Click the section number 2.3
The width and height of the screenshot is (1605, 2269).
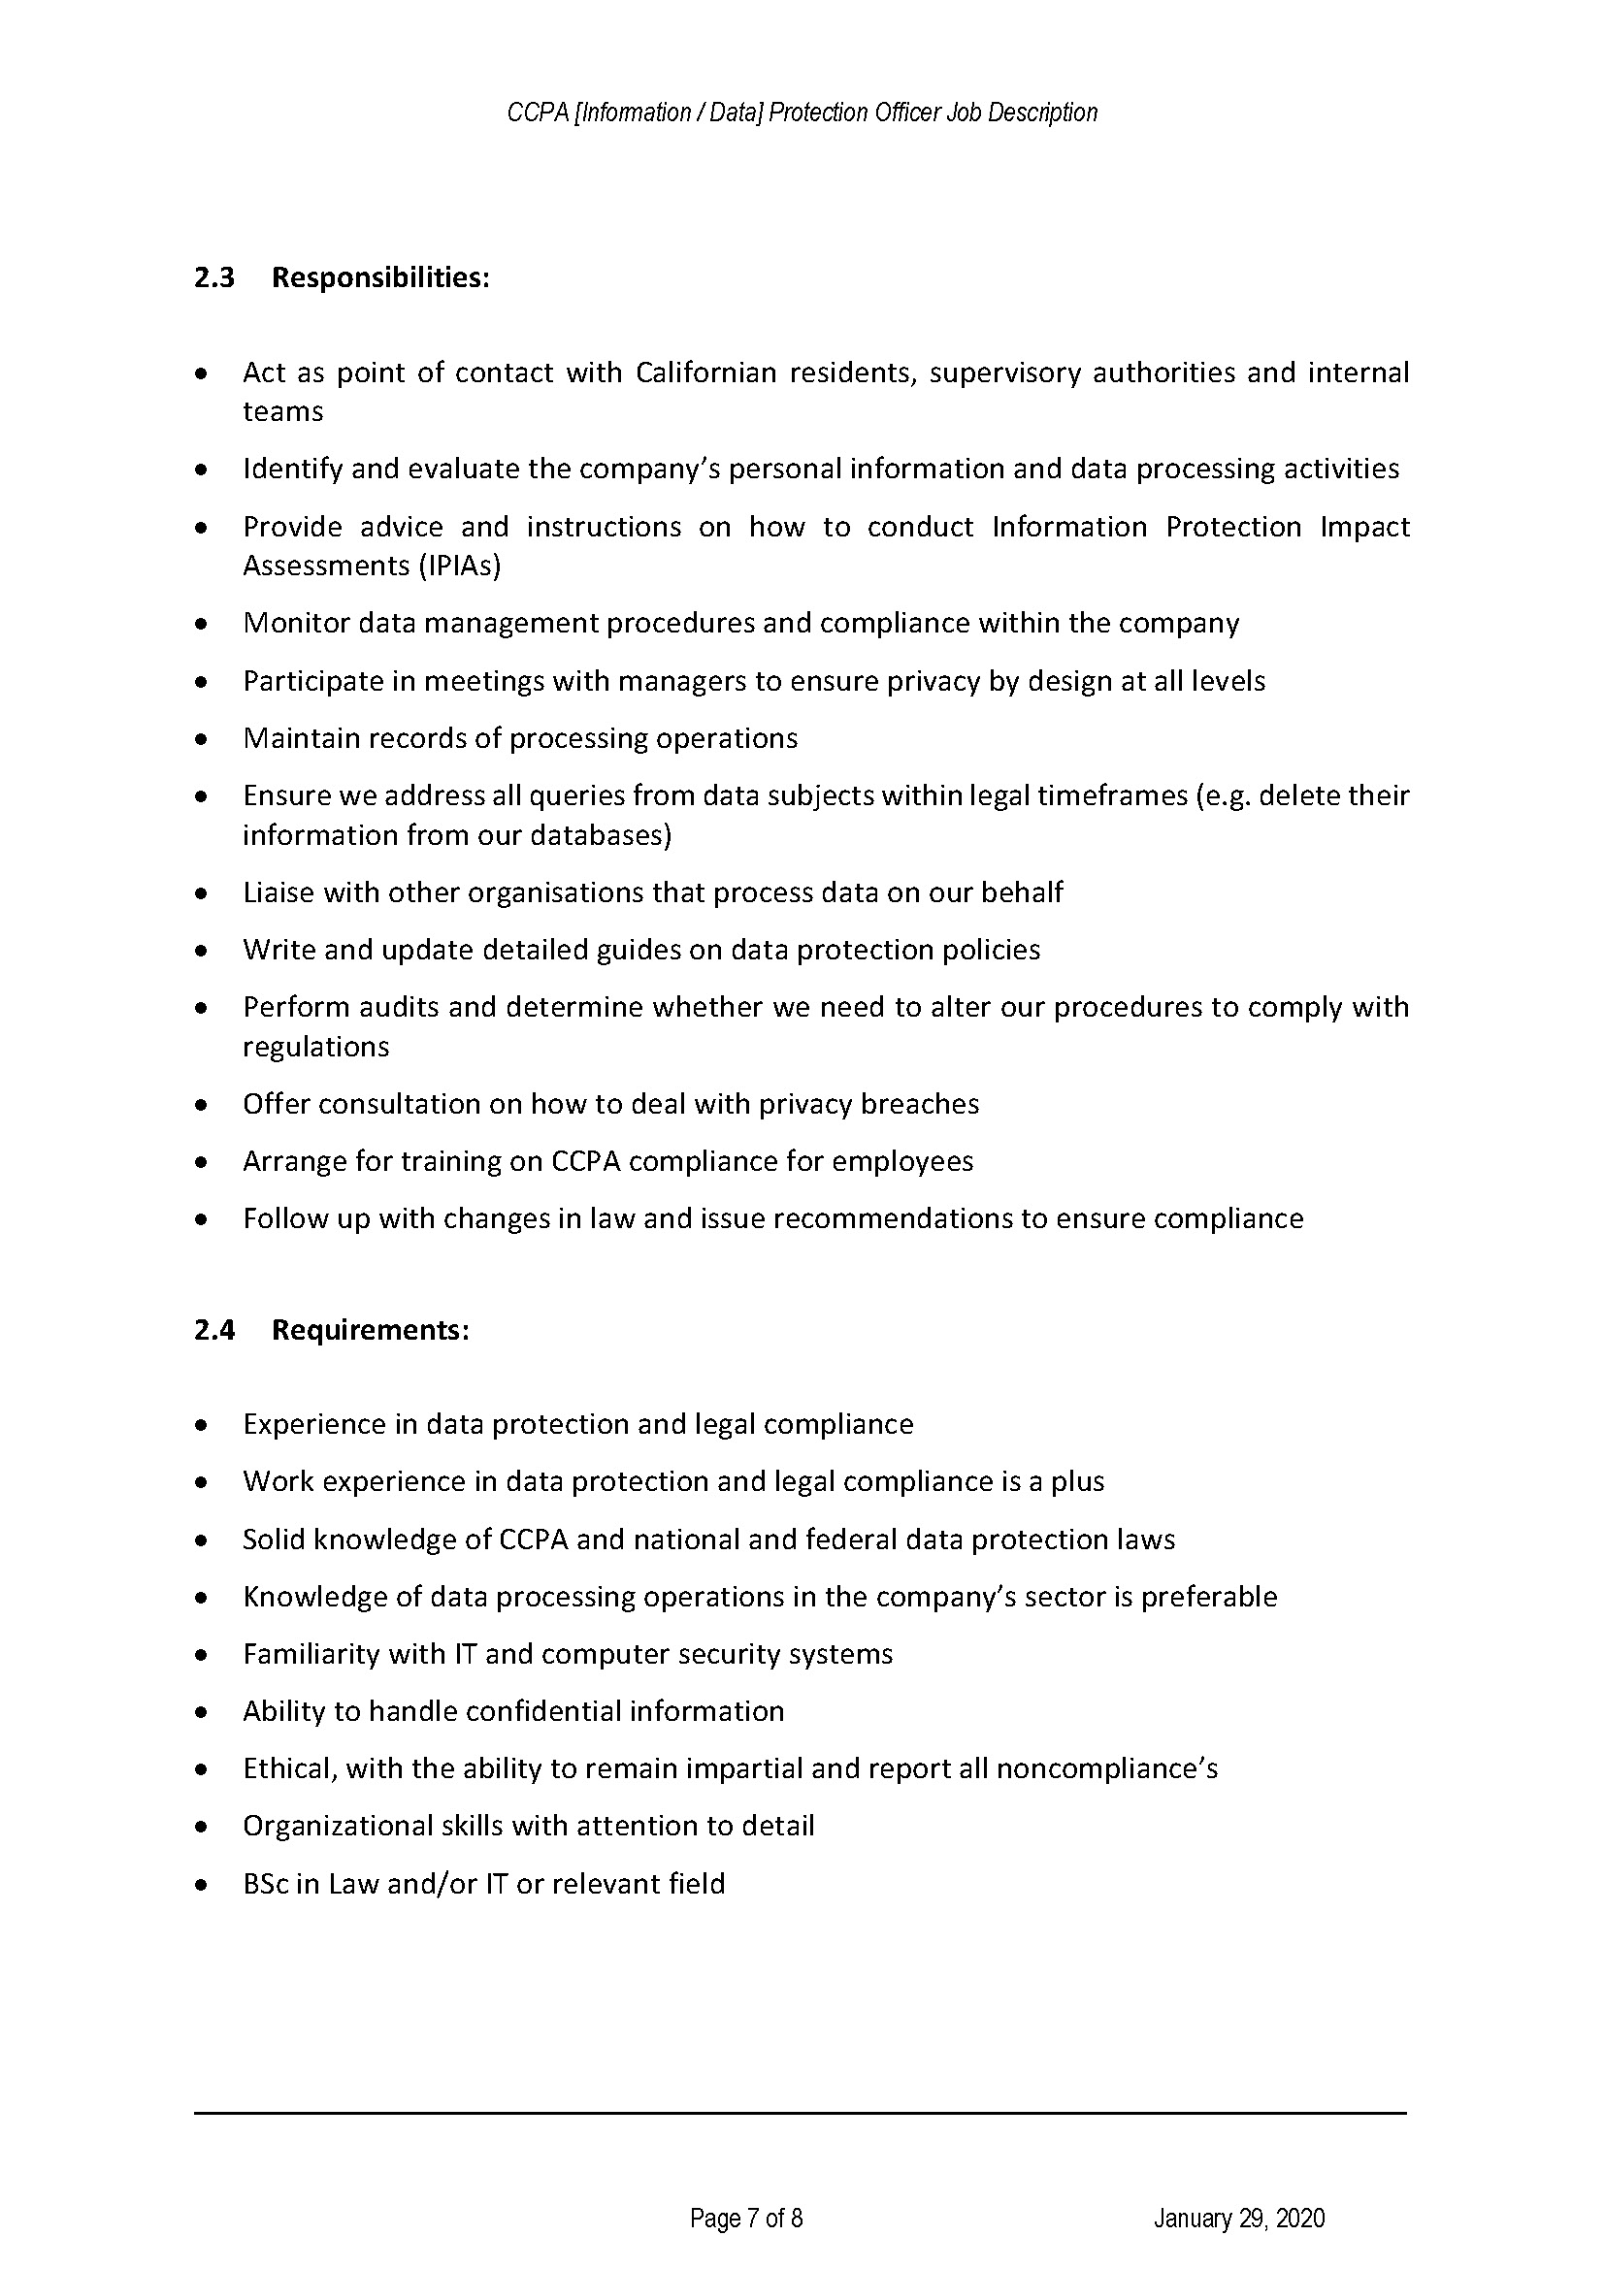tap(213, 277)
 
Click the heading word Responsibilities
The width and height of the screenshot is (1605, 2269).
tap(379, 277)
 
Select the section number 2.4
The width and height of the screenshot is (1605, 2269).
tap(213, 1330)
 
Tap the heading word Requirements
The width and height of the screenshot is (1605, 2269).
tap(369, 1330)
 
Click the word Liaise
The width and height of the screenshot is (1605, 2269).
tap(278, 892)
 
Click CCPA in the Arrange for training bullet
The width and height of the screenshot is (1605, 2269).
tap(585, 1161)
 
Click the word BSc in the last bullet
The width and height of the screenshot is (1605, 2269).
tap(266, 1884)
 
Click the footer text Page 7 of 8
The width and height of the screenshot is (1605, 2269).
tap(746, 2219)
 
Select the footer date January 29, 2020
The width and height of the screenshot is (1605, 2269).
tap(1238, 2219)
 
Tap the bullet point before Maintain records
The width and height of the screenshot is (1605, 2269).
tap(202, 739)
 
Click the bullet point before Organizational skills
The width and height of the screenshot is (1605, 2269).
tap(202, 1828)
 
